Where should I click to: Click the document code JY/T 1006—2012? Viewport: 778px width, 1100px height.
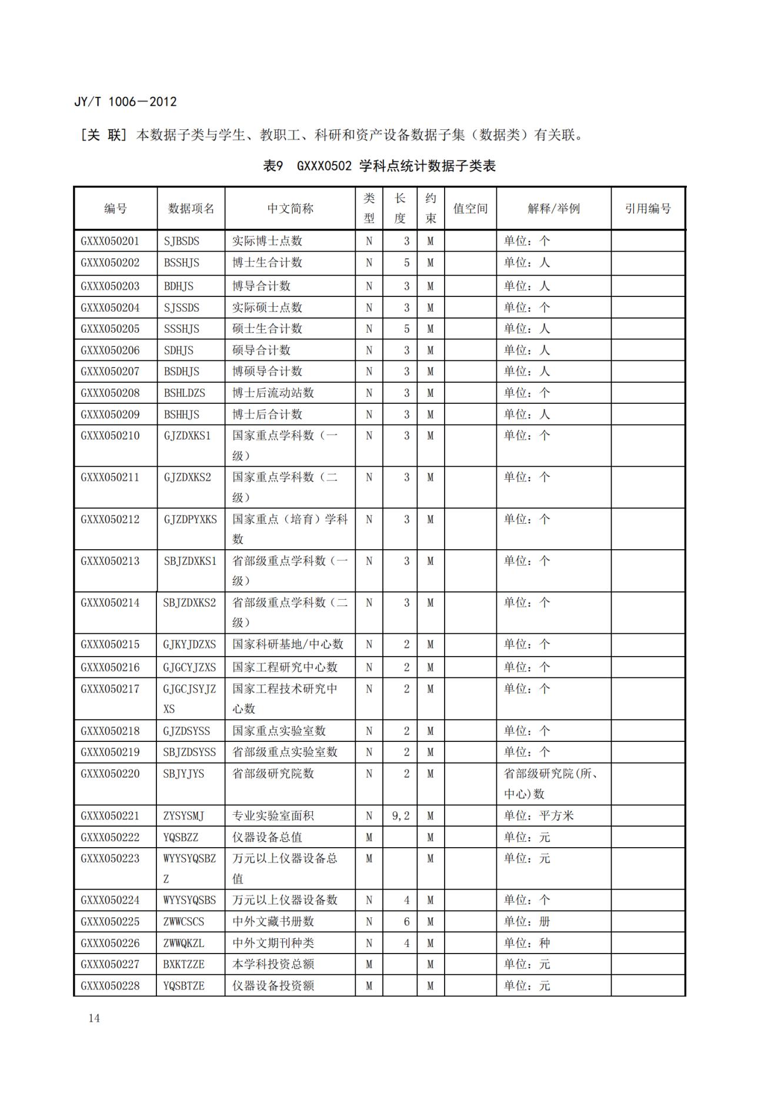coord(125,102)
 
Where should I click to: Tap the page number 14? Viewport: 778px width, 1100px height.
coord(94,1018)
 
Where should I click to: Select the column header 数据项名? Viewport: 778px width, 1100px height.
coord(191,209)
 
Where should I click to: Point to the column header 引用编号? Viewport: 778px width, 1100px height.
coord(647,209)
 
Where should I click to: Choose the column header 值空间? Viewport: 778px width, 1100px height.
coord(470,209)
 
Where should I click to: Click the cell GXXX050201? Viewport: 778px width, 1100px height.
coord(110,241)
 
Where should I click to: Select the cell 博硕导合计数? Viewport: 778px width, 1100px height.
coord(267,372)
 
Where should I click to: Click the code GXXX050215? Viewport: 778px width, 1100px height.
coord(110,644)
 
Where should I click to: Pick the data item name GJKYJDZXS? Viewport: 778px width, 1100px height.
coord(189,644)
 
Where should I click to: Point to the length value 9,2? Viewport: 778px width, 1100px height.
coord(400,816)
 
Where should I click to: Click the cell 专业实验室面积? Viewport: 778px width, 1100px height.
coord(273,816)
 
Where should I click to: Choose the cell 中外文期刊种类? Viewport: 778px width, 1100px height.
coord(273,943)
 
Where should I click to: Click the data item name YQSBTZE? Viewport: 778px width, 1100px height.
coord(183,986)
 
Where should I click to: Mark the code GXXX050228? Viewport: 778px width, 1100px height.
coord(110,986)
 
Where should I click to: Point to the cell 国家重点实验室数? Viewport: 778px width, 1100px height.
coord(279,731)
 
